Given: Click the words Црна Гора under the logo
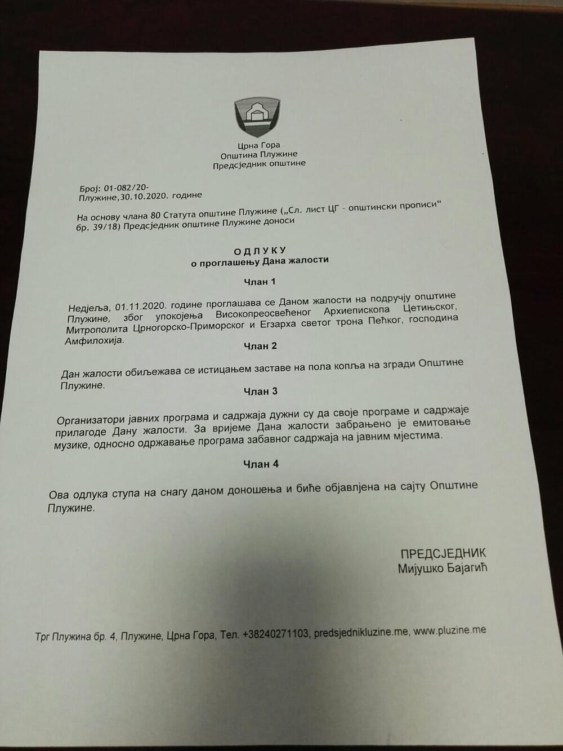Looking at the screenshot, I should tap(259, 145).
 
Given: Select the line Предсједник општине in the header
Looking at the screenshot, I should tap(259, 163).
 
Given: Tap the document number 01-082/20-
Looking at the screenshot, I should tap(126, 187).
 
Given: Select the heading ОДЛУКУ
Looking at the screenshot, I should tap(260, 250).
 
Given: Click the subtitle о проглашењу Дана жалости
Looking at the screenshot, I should tap(260, 260).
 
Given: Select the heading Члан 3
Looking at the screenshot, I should tap(260, 392).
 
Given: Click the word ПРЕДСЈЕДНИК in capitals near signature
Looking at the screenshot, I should tap(443, 553).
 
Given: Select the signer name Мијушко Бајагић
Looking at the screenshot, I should tap(442, 568).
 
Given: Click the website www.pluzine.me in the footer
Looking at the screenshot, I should tap(449, 631).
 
